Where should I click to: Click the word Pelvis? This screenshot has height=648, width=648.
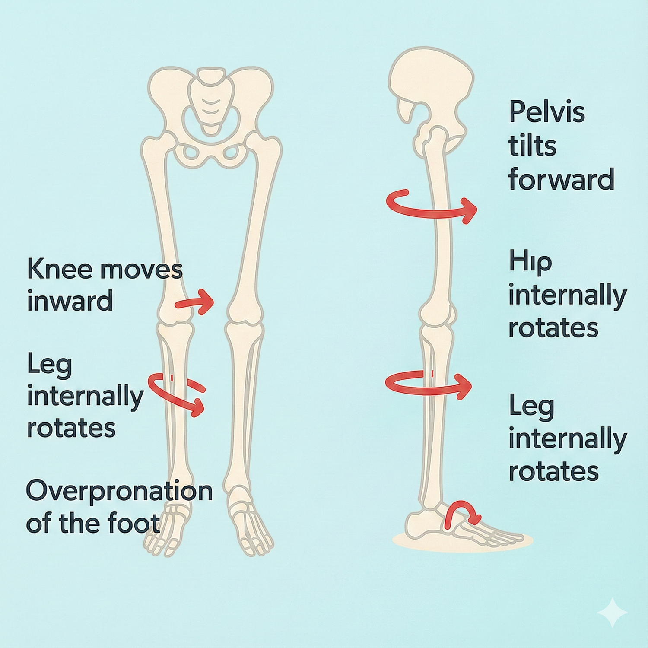[x=546, y=112]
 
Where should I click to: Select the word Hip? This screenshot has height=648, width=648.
[x=530, y=263]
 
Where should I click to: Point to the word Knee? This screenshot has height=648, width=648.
[x=60, y=269]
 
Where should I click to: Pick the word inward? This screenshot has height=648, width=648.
[x=70, y=301]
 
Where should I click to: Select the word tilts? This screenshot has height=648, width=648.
[x=532, y=146]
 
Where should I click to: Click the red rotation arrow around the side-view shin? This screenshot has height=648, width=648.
[x=428, y=384]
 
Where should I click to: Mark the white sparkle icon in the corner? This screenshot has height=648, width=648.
[x=612, y=612]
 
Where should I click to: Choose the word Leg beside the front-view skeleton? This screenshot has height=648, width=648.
[x=49, y=365]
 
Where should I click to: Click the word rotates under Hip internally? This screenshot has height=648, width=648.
[x=553, y=328]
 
